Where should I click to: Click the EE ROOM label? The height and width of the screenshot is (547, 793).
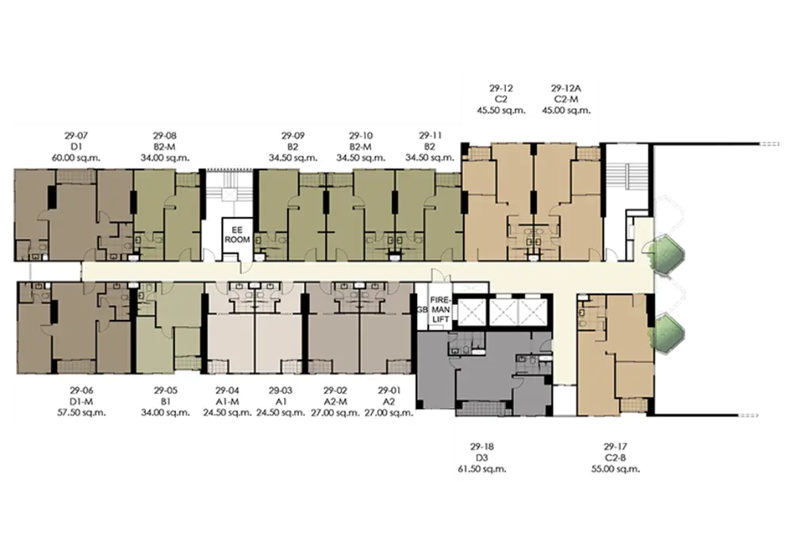click(237, 235)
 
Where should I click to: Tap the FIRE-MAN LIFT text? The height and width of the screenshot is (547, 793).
click(440, 310)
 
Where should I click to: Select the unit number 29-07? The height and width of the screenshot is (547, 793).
click(76, 136)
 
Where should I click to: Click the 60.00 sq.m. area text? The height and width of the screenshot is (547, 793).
click(76, 158)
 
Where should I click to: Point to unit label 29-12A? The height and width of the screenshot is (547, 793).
click(566, 88)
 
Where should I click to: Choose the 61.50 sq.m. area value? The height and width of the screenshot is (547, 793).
click(482, 469)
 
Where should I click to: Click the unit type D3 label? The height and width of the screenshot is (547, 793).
click(482, 458)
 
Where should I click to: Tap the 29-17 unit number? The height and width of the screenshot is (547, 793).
click(615, 447)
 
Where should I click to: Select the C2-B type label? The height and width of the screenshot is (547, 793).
click(615, 458)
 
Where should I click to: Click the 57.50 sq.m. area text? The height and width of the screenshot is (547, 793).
click(82, 413)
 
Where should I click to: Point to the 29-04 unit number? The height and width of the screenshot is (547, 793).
click(228, 391)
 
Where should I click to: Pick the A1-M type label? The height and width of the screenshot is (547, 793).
click(228, 402)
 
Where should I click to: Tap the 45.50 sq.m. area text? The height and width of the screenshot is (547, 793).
click(501, 110)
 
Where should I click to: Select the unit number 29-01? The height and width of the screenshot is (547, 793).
click(389, 391)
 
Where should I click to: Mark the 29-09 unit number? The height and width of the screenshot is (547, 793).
click(293, 136)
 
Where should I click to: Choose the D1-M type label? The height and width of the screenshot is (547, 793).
click(82, 402)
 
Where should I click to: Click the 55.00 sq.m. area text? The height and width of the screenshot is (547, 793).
click(615, 469)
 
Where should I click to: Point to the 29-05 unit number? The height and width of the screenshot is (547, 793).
click(166, 391)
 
